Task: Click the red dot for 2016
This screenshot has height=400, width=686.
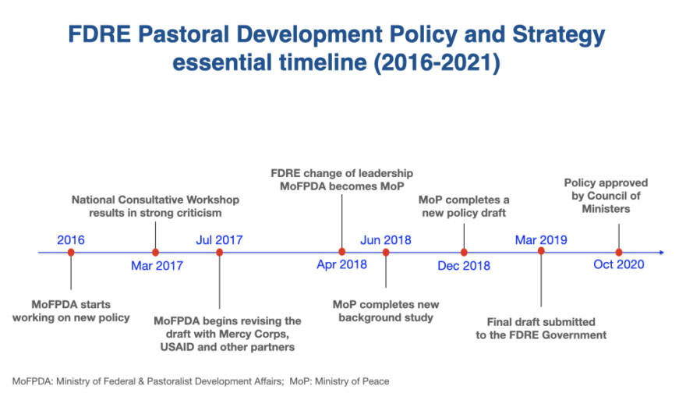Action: click(71, 252)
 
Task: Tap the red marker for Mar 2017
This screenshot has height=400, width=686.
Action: click(155, 252)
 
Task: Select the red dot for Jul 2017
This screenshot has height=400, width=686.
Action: click(220, 252)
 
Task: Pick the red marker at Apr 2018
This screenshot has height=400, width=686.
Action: click(342, 252)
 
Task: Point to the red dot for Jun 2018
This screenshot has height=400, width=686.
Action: click(386, 252)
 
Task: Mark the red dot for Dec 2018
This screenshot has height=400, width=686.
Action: click(464, 252)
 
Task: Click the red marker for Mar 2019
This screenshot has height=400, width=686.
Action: click(541, 251)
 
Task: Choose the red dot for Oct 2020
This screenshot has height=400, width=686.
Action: click(619, 252)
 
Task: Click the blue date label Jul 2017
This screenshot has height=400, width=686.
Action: click(219, 240)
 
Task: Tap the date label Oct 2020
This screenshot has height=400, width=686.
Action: click(619, 264)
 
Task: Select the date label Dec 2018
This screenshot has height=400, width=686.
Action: click(464, 266)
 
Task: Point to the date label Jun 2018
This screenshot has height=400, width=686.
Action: click(386, 240)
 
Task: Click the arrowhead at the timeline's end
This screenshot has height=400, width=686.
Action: click(662, 252)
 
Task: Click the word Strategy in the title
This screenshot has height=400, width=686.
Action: click(559, 35)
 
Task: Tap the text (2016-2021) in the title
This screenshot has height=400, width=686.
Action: click(437, 62)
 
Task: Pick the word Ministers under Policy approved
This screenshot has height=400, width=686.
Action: click(606, 209)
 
